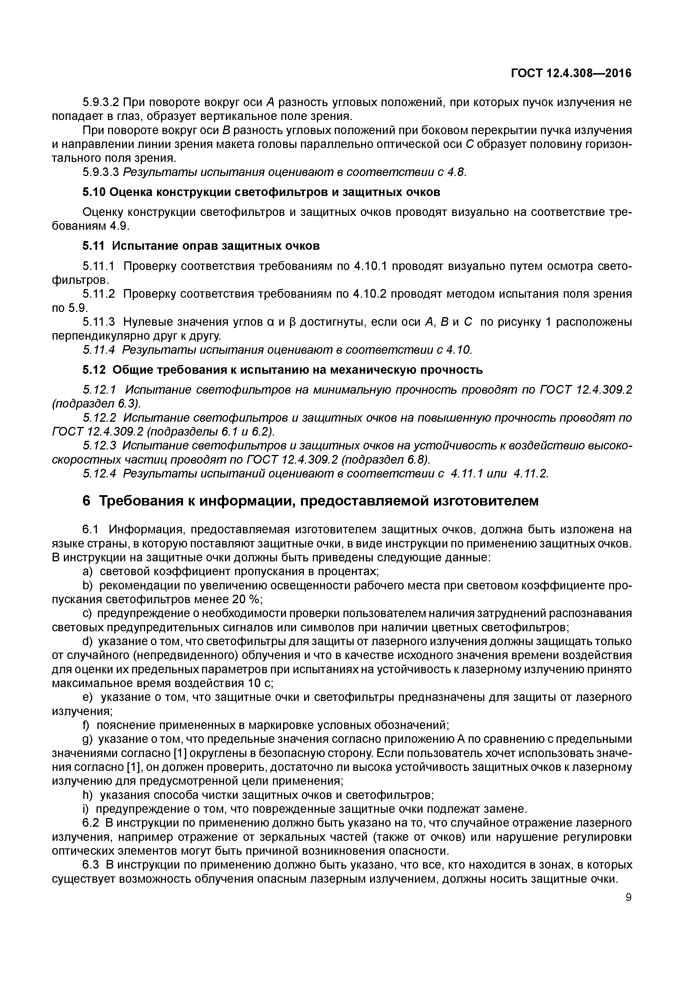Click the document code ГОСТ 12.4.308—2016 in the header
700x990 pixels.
point(570,74)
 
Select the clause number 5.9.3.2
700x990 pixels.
point(101,103)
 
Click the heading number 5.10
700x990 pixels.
point(94,192)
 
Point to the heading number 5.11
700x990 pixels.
point(93,246)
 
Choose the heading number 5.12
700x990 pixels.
point(93,370)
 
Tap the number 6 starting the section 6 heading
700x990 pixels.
point(87,501)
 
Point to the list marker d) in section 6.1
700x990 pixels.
point(88,642)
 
